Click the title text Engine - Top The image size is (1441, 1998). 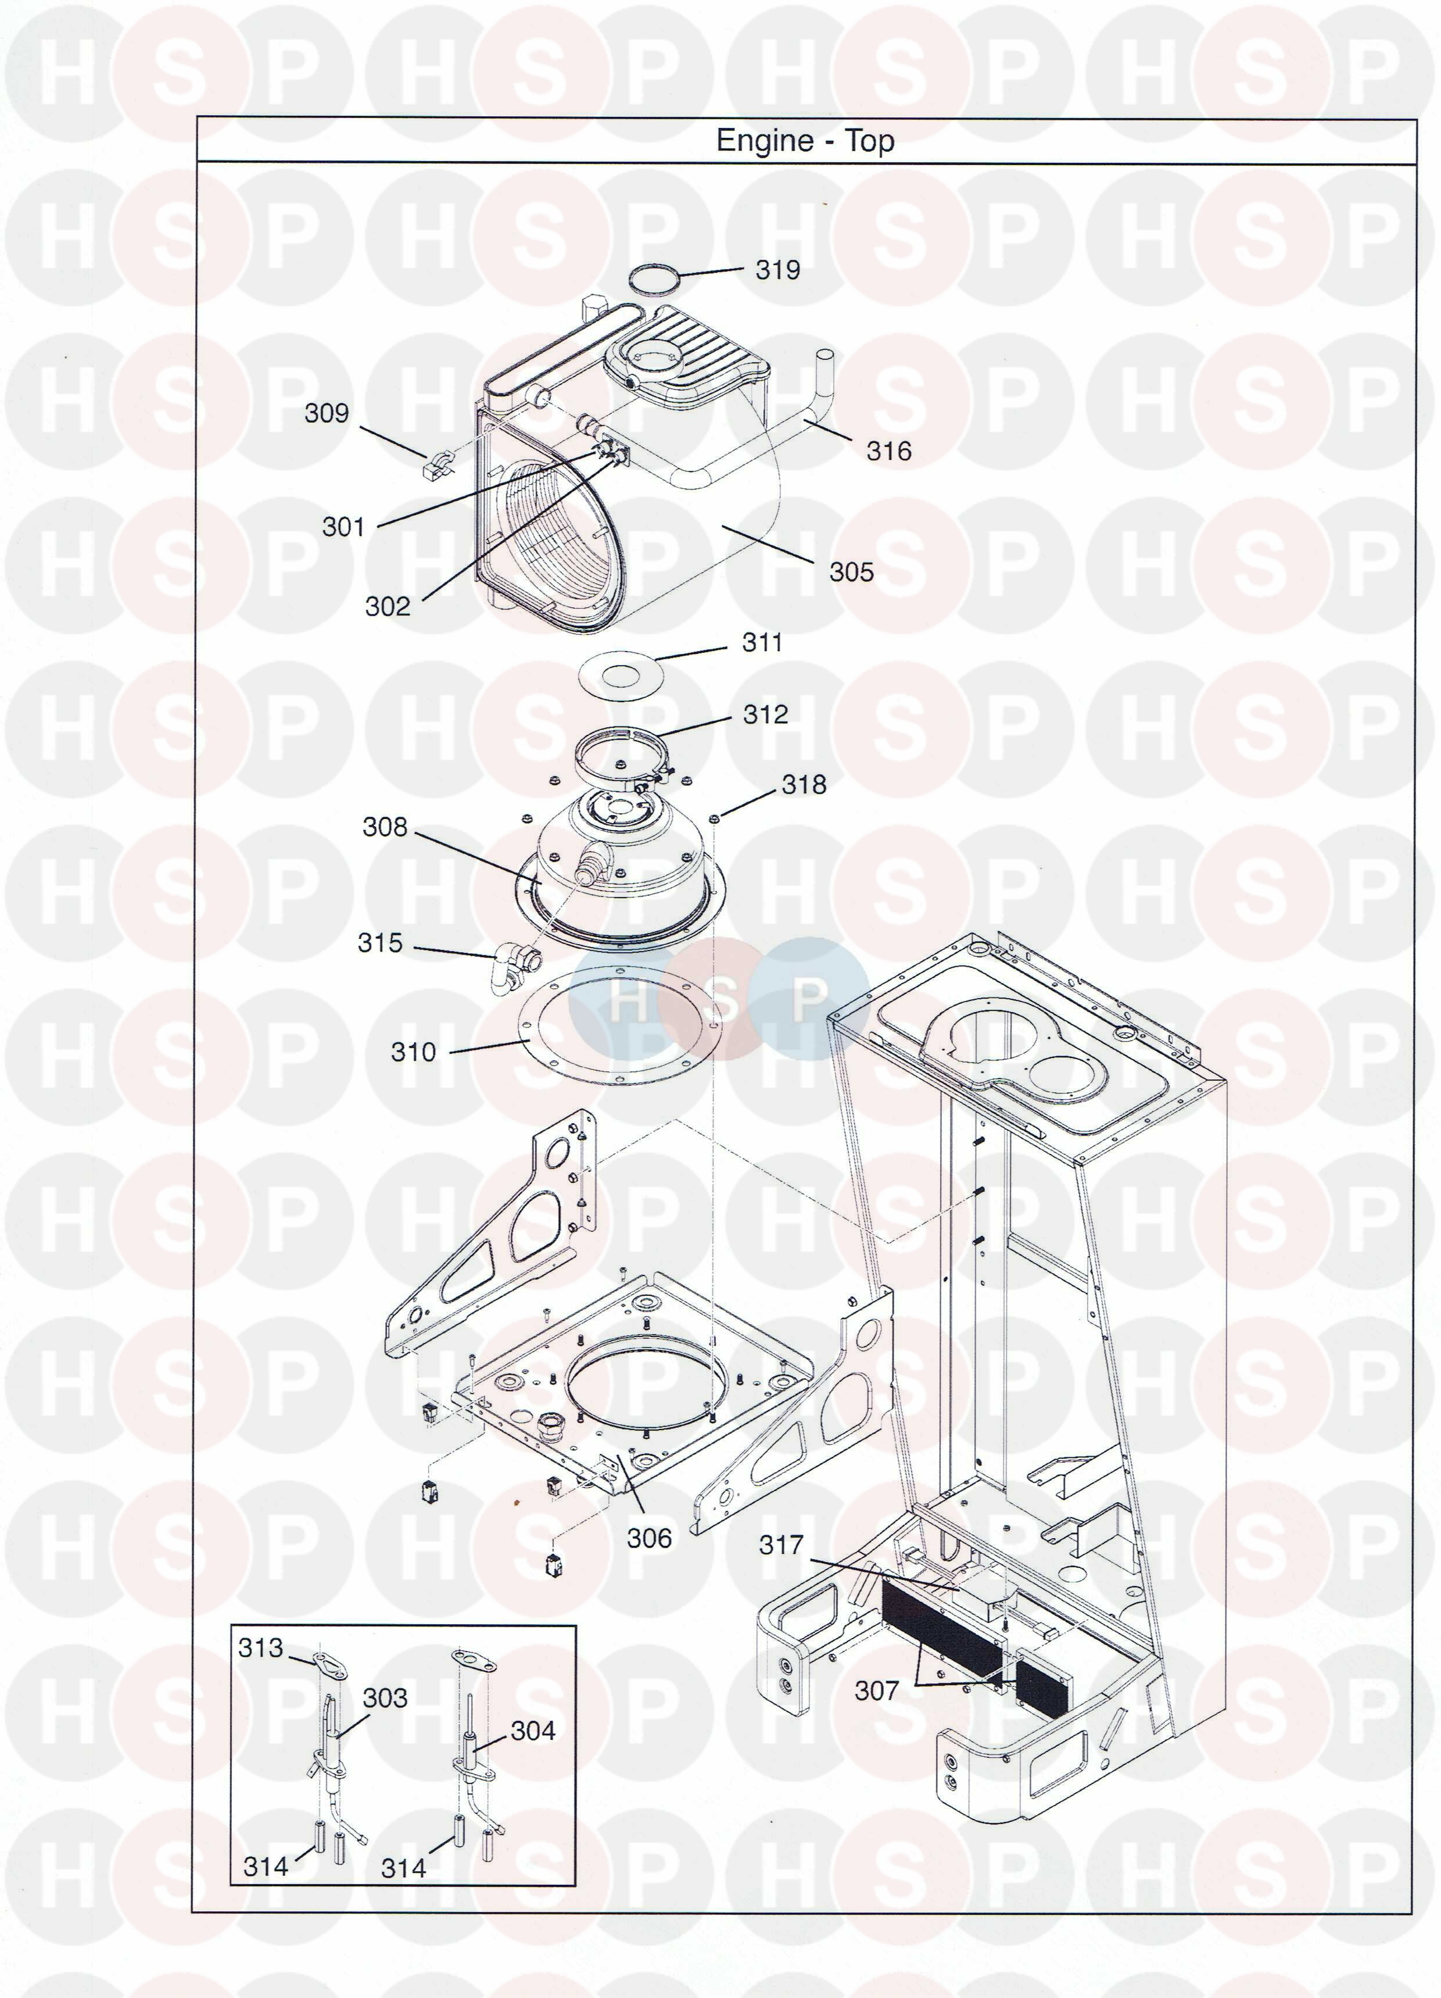(x=805, y=141)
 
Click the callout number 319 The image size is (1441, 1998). (x=778, y=270)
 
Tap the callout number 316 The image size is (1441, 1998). (x=889, y=451)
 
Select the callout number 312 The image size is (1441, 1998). (x=765, y=714)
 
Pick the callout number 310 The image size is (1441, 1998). (x=413, y=1052)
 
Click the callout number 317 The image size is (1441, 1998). (x=782, y=1545)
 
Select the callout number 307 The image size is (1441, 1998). (x=876, y=1690)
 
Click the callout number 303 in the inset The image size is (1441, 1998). (x=385, y=1697)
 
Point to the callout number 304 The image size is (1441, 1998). (x=533, y=1731)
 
